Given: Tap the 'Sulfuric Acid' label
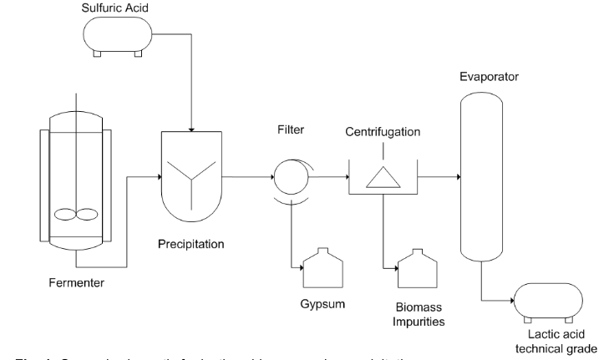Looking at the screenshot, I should [116, 8].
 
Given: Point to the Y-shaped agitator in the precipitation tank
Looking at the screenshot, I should [192, 177].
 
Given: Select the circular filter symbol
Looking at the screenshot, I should [287, 177].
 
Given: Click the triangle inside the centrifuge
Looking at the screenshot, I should [383, 176].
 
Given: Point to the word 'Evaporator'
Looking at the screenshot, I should [490, 77].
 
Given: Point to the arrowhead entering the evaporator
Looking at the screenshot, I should [456, 177].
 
